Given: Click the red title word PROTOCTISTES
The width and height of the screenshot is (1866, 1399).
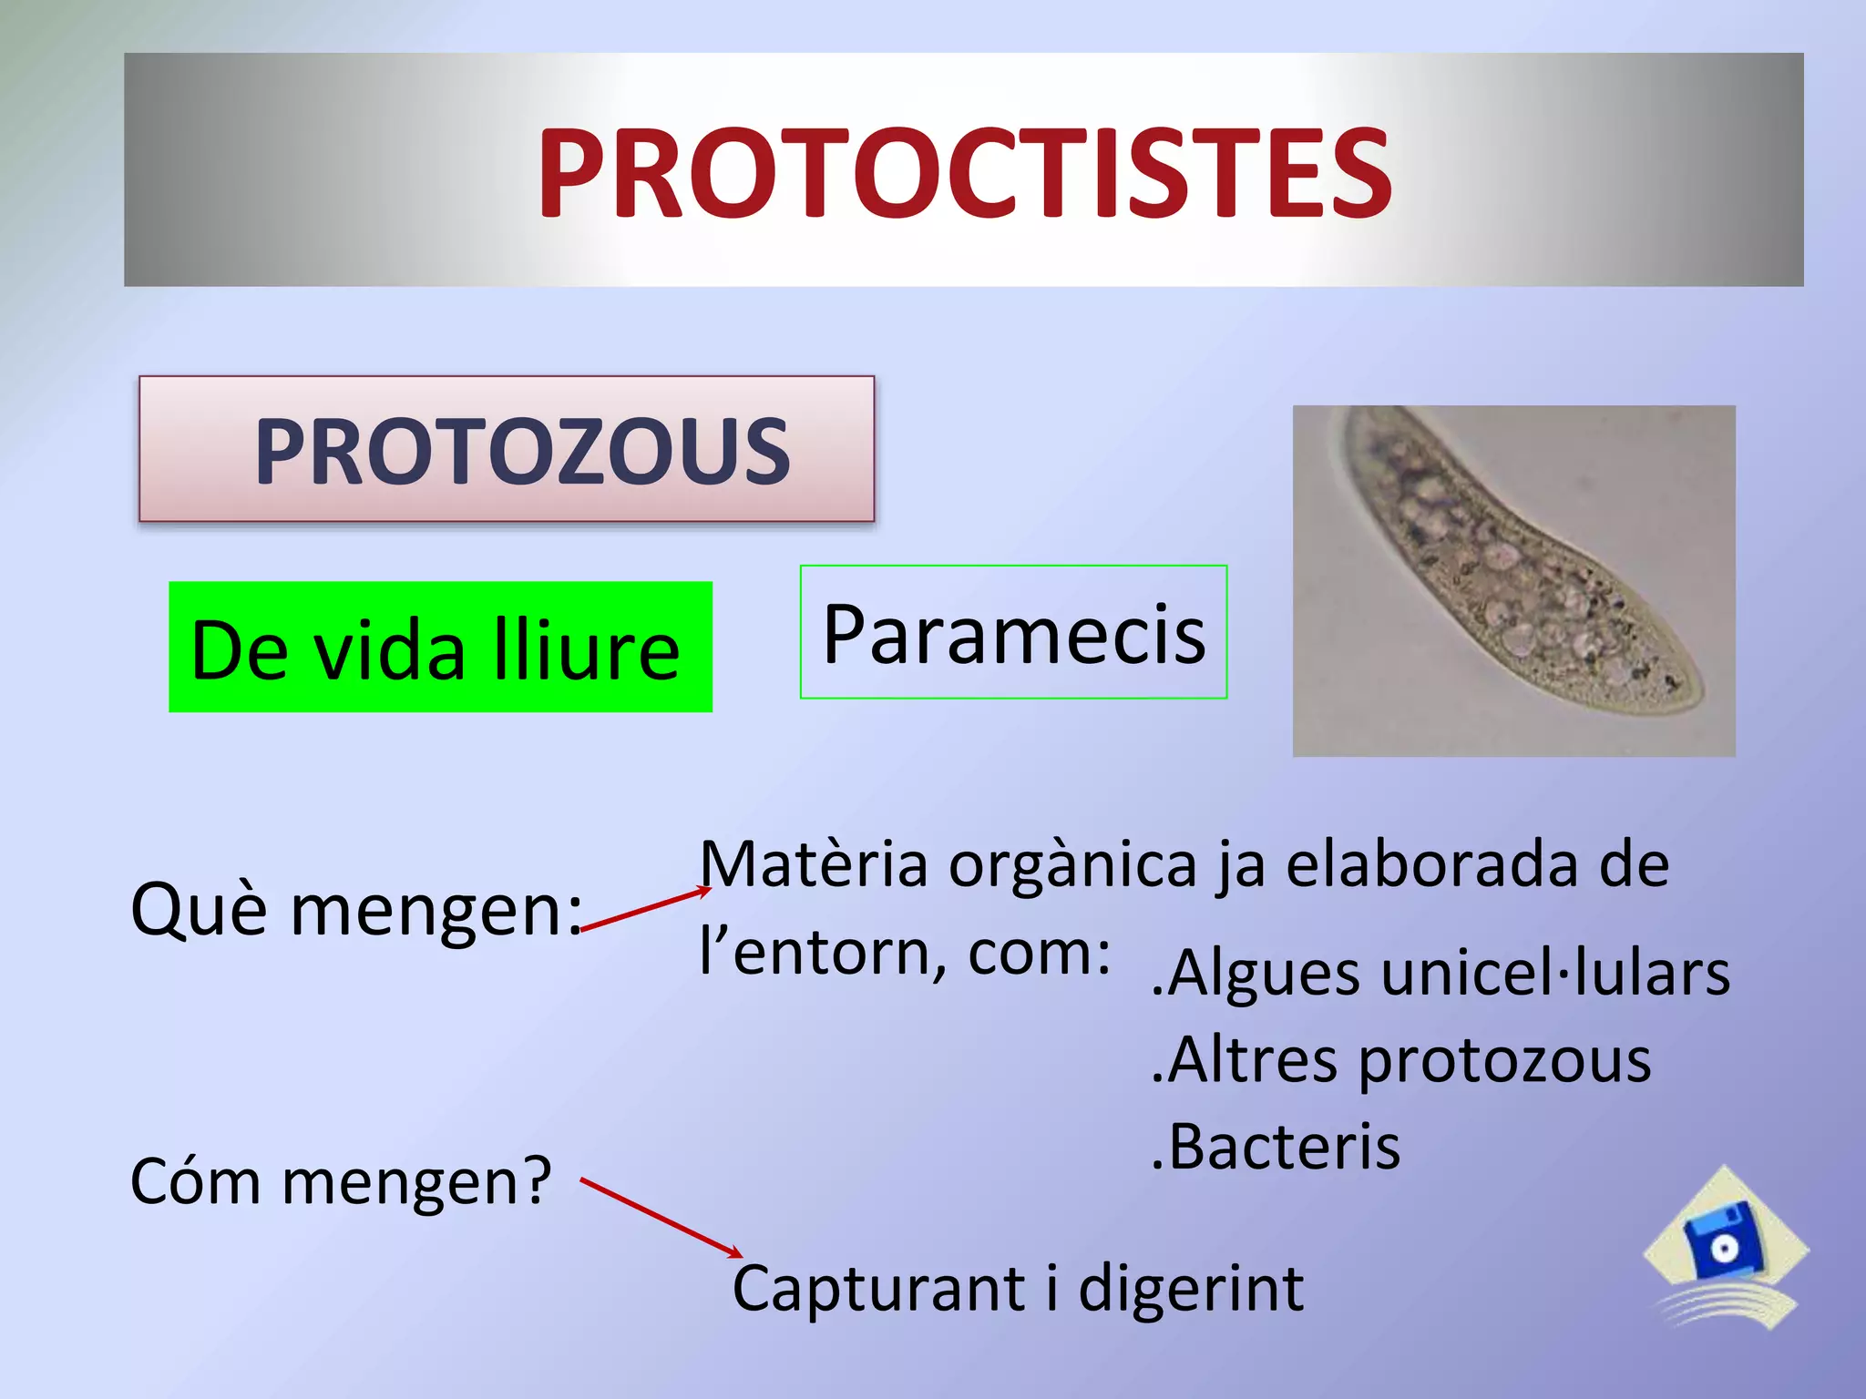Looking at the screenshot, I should [964, 173].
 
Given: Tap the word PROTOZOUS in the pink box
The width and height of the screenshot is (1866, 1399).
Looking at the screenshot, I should [522, 452].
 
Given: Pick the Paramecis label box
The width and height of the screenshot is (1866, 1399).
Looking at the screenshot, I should [1013, 633].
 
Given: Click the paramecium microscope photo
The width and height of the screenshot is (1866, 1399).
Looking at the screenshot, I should [1512, 580].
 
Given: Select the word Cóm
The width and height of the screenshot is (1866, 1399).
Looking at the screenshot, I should [196, 1181].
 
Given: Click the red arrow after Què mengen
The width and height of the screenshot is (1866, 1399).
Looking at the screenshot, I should [645, 910].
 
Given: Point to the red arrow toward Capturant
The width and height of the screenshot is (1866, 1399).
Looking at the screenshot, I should [661, 1218].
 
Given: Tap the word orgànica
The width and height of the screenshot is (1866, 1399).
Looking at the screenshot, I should [1072, 866].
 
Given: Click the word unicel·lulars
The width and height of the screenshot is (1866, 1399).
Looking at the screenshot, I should [1554, 973].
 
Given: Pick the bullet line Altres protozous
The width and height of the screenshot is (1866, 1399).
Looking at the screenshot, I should [1401, 1061].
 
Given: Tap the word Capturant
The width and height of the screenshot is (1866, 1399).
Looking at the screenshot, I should [879, 1289].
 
